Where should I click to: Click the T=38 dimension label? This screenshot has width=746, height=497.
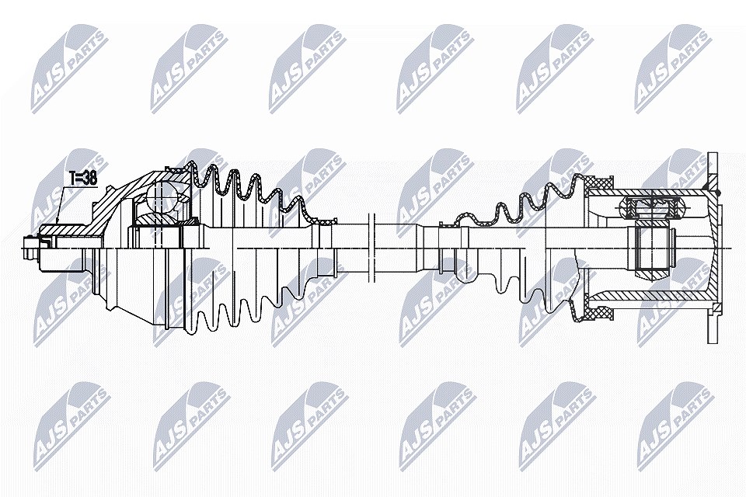click(x=83, y=178)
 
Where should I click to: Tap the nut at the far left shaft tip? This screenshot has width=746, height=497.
click(x=30, y=248)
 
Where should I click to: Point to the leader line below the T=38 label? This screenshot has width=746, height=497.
click(x=60, y=203)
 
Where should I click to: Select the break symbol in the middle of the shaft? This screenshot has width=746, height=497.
click(x=372, y=248)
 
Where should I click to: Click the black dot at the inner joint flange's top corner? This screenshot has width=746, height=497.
click(x=718, y=192)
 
